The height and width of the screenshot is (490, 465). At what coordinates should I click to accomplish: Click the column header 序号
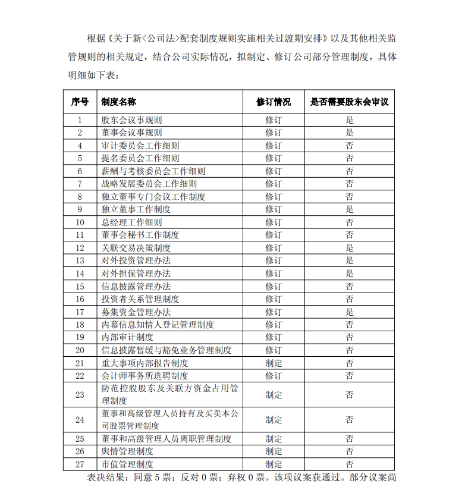[x=80, y=102]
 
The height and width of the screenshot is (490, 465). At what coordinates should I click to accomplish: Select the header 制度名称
[x=118, y=102]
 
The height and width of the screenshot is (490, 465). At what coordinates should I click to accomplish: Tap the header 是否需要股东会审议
[x=349, y=102]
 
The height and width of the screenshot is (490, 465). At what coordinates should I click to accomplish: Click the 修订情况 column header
[x=274, y=102]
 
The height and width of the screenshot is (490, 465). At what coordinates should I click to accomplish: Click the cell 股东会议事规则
[x=131, y=120]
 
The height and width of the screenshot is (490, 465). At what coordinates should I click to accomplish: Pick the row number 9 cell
[x=80, y=209]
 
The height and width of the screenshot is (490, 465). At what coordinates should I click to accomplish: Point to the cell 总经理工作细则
[x=131, y=222]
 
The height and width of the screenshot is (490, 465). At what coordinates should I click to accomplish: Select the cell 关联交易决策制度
[x=136, y=248]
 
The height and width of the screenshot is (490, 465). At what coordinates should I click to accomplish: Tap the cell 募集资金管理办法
[x=136, y=312]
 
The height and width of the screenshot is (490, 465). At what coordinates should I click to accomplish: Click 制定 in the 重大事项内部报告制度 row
[x=274, y=363]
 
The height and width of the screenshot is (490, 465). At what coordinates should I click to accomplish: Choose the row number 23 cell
[x=80, y=394]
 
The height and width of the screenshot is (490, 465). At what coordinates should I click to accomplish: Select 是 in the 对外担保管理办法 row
[x=349, y=274]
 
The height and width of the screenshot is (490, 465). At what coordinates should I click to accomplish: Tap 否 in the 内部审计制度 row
[x=349, y=337]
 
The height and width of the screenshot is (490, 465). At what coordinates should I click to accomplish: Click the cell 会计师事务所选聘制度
[x=144, y=376]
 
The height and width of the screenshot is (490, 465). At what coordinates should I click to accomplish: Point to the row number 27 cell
[x=80, y=464]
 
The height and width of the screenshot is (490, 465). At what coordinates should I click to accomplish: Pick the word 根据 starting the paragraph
[x=95, y=39]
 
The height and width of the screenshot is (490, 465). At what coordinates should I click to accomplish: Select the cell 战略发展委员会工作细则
[x=149, y=184]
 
